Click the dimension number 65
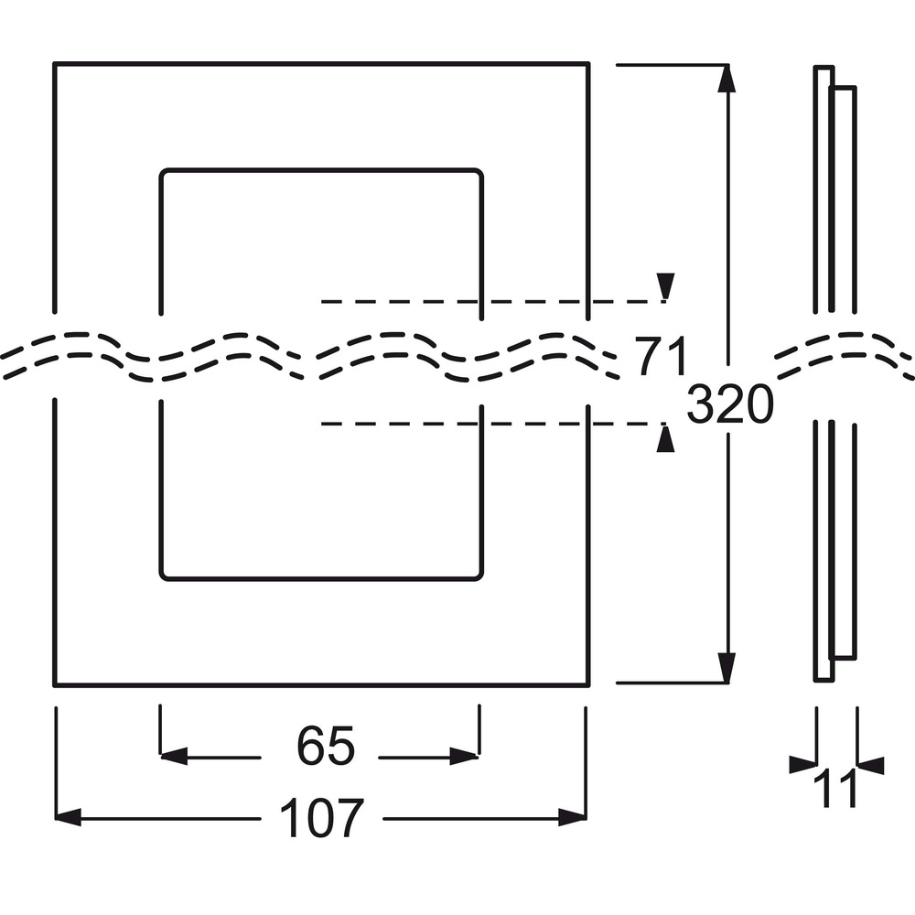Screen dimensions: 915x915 (x=326, y=746)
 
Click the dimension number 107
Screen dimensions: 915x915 (x=321, y=818)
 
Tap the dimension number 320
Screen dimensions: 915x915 (x=729, y=404)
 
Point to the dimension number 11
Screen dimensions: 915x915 (x=835, y=789)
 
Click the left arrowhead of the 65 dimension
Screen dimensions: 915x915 (x=174, y=757)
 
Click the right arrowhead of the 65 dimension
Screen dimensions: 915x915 (x=464, y=757)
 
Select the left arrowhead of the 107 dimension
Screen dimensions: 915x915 (x=68, y=817)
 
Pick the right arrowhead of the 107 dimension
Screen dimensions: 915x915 (x=572, y=817)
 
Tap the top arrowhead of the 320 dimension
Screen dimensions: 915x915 (x=727, y=80)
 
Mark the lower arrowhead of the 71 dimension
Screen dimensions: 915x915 (x=665, y=437)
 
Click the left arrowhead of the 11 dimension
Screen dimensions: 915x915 (x=802, y=764)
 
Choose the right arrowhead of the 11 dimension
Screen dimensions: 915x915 (x=871, y=766)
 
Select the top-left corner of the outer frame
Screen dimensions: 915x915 (x=54, y=63)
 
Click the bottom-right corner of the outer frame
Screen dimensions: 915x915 (x=588, y=685)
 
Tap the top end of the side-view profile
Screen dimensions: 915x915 (x=824, y=68)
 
